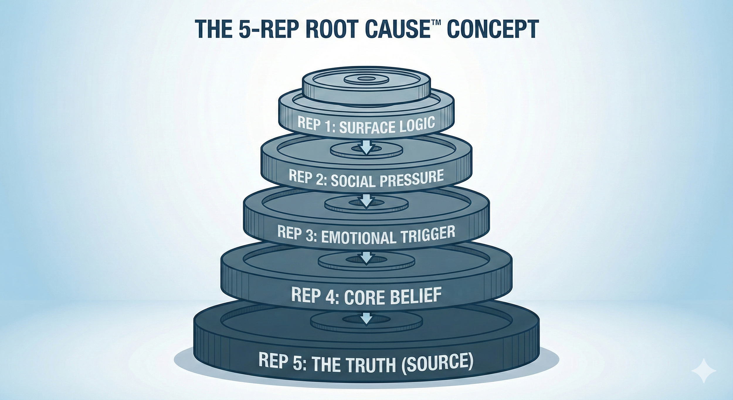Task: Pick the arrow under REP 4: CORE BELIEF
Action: (x=365, y=318)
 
